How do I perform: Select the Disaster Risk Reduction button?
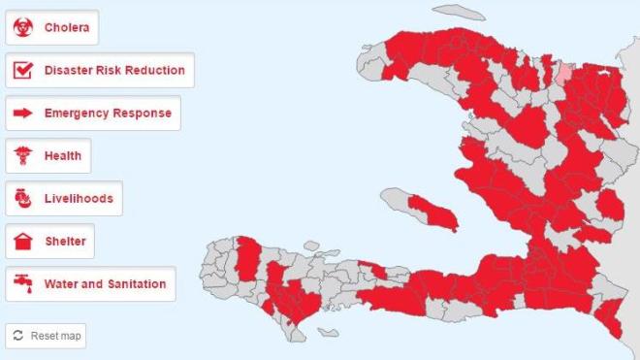100,71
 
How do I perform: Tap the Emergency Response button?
93,114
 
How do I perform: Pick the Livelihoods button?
64,199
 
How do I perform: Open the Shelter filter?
50,242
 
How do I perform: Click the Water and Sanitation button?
90,284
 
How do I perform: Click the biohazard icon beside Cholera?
21,28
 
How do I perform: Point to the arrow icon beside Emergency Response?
21,114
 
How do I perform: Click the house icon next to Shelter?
21,242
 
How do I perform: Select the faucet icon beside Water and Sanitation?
21,284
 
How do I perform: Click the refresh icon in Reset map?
17,336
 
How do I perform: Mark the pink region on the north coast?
563,73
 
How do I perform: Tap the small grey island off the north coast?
460,13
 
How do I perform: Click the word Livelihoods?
79,199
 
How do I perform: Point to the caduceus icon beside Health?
21,156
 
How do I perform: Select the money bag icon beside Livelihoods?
21,199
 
